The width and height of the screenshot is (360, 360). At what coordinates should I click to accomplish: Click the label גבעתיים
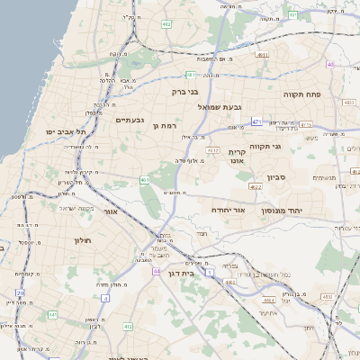130,120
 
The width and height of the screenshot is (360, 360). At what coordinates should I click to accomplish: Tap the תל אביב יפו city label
67,133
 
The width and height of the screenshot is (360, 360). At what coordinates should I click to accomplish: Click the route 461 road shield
145,180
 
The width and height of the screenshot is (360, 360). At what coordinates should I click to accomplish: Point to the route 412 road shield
128,326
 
